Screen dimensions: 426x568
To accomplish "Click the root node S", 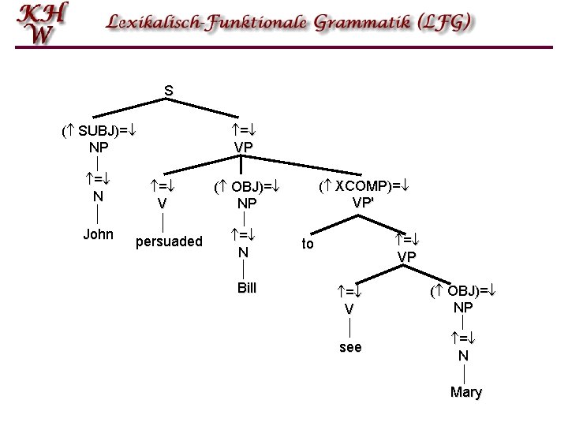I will [169, 91].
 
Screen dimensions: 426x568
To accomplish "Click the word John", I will [98, 234].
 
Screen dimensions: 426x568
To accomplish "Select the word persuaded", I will [169, 241].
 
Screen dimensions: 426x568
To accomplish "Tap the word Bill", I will [248, 287].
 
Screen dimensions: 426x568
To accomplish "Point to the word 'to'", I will [308, 244].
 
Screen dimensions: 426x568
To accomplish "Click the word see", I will [349, 346].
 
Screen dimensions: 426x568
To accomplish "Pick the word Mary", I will [465, 392].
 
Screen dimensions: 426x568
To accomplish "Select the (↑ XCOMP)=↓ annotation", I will [367, 186].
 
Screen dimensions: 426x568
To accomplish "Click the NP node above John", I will [99, 147].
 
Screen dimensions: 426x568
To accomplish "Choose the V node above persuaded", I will [162, 203].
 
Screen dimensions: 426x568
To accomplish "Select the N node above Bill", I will [244, 252].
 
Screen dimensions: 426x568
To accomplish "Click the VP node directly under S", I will [244, 147].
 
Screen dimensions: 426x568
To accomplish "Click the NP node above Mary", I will [464, 307].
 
